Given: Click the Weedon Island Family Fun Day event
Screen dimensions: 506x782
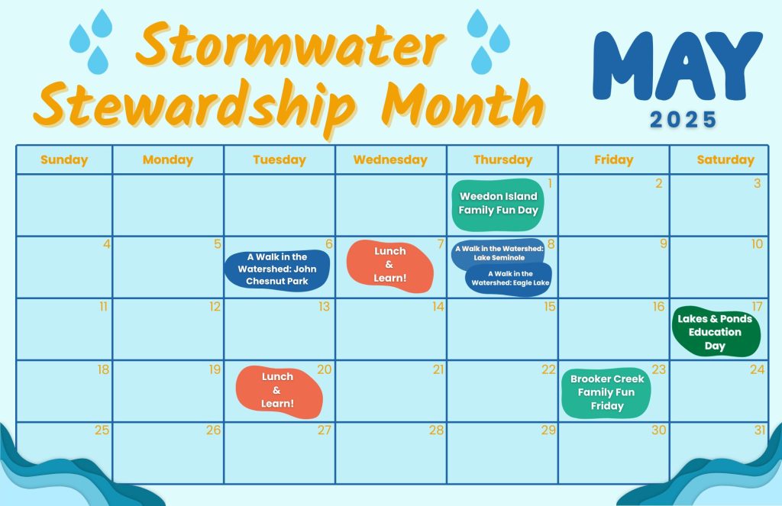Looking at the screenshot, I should (498, 204).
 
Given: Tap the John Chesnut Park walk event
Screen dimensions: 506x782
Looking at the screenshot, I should (277, 269).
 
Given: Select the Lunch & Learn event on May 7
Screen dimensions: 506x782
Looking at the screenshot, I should (389, 265).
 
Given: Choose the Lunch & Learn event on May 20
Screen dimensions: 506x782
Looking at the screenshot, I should (278, 391).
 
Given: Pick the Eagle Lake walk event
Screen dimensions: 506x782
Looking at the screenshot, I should (510, 279).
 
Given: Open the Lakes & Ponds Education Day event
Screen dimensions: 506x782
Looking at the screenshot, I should (715, 332).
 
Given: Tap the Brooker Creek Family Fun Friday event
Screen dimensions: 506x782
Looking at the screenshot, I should (607, 392).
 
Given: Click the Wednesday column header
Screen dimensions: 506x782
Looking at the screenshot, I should (390, 160).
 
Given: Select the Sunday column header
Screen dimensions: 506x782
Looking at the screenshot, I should (64, 160).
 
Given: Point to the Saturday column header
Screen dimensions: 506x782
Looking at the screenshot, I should (725, 160).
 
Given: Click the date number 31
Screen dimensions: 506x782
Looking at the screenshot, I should (759, 430).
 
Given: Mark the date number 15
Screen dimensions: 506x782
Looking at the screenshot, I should (549, 307).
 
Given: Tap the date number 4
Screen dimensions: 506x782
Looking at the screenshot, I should (106, 244).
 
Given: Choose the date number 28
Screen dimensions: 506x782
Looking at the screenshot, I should (435, 430).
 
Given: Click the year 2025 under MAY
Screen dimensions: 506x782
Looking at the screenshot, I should (683, 120).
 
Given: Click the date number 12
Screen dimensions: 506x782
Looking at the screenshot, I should (215, 307).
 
